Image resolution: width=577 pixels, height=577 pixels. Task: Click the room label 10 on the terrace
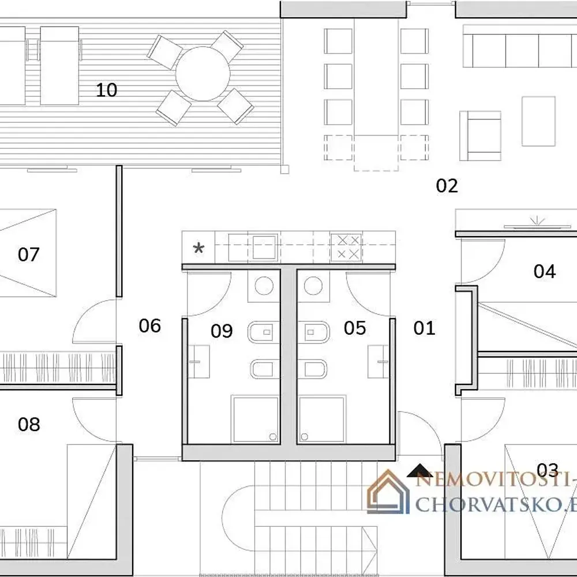pos(106,90)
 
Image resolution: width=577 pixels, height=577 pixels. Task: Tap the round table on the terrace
pos(203,74)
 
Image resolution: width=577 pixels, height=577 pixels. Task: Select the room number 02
pos(447,186)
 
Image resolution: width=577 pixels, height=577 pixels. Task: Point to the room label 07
pos(28,254)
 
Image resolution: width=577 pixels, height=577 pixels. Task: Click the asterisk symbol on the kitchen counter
pos(198,248)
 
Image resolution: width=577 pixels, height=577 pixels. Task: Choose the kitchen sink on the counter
pos(264,247)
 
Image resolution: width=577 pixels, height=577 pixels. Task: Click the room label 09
pos(222,331)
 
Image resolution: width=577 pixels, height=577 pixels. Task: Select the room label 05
pos(355,328)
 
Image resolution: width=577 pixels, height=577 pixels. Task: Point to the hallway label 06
pos(150,325)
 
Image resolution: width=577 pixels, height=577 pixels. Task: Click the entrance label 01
pos(424,328)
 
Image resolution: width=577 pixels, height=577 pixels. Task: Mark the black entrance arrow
pos(419,471)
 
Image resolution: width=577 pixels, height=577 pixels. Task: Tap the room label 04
pos(544,272)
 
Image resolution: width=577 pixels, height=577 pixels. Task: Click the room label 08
pos(29,424)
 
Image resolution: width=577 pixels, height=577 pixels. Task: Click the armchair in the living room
pos(480,136)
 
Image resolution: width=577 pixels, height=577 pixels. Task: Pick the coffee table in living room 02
pos(538,121)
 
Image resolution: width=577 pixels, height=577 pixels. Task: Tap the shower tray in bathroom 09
pos(254,419)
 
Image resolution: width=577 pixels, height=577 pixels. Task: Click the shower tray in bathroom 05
pos(321,419)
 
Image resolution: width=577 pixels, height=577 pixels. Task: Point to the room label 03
pos(548,470)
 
